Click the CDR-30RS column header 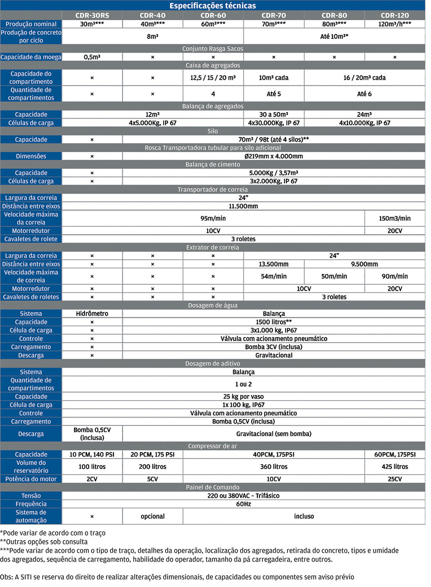click(x=92, y=16)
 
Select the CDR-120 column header click(x=394, y=16)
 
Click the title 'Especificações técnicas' click(x=212, y=6)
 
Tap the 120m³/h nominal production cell click(x=394, y=24)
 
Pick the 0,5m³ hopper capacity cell click(x=92, y=57)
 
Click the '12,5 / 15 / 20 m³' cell click(x=213, y=78)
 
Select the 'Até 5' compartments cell click(x=274, y=94)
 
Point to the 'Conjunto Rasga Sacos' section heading click(x=212, y=49)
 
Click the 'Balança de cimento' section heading click(x=212, y=165)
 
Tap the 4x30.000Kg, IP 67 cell click(x=274, y=123)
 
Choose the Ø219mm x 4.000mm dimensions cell click(x=274, y=156)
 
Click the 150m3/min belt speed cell click(x=394, y=219)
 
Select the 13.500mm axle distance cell click(x=274, y=264)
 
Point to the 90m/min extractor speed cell click(x=394, y=276)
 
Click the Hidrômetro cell click(x=92, y=314)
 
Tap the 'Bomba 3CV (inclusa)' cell click(x=274, y=347)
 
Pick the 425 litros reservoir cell click(x=394, y=467)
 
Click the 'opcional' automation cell click(x=153, y=516)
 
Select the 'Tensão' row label click(x=31, y=496)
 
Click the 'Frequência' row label click(x=31, y=504)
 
